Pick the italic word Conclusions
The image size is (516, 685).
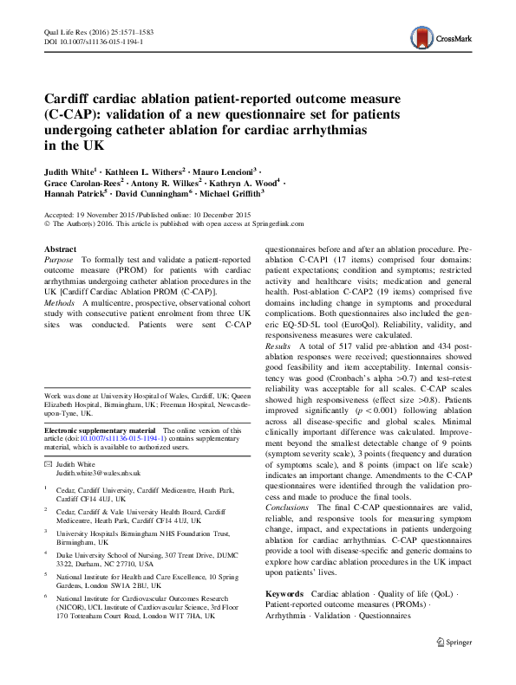[x=287, y=507]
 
